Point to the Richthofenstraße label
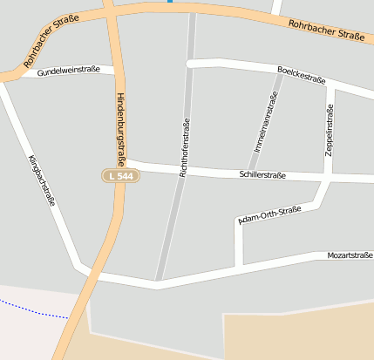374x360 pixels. coord(185,148)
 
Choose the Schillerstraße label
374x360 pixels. coord(262,175)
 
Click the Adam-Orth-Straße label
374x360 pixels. coord(269,215)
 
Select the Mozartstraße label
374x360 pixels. coord(350,255)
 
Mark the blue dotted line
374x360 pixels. coord(35,309)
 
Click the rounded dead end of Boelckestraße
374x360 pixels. coord(190,64)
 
